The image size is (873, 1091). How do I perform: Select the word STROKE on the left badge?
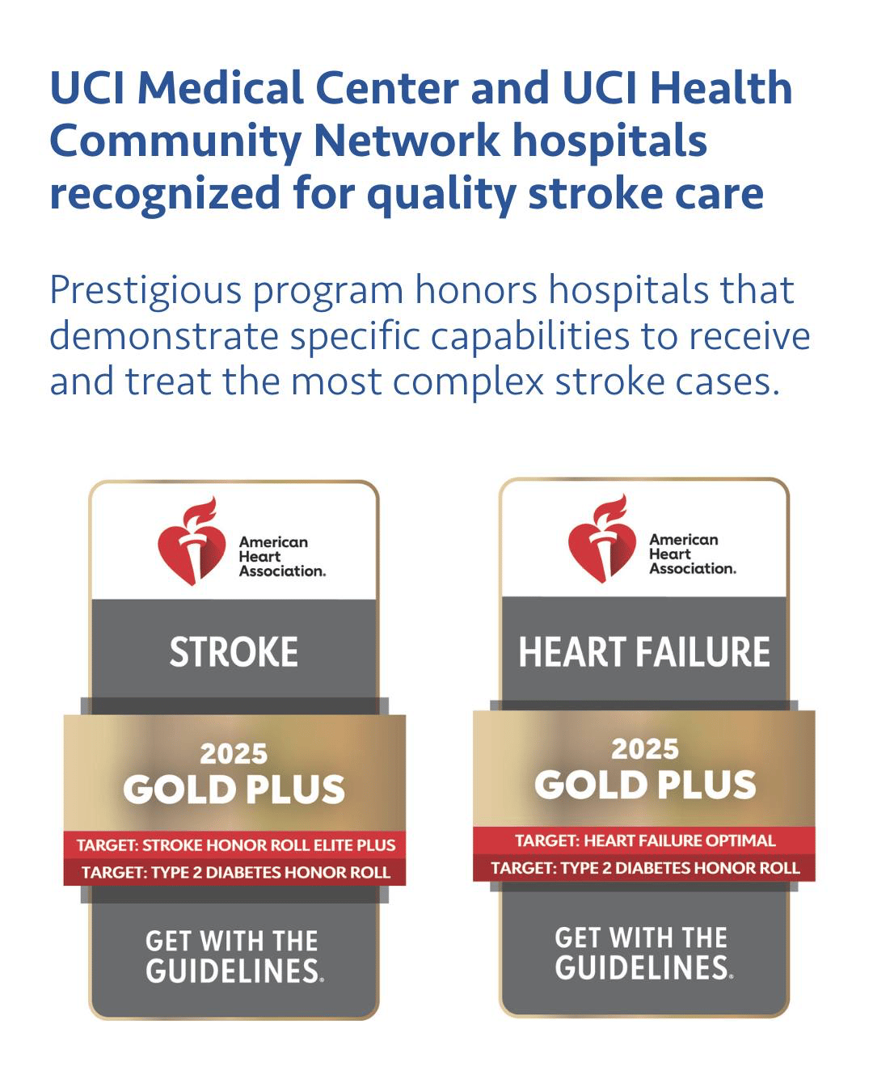coord(234,652)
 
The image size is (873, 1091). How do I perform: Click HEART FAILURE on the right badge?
coord(643,652)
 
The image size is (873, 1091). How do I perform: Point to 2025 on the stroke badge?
coord(234,753)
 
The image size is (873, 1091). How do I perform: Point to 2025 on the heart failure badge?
coord(644,749)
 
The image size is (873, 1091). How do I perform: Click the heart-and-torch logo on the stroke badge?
coord(192,541)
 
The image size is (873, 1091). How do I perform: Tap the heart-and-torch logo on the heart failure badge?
coord(601,538)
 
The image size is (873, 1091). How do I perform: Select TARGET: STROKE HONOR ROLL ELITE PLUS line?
coord(236,845)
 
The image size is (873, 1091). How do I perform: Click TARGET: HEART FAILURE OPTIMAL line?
coord(645,840)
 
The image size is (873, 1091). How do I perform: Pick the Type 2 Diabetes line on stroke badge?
coord(236,872)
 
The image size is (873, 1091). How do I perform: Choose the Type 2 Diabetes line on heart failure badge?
coord(645,868)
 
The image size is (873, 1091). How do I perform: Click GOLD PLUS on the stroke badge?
coord(234,789)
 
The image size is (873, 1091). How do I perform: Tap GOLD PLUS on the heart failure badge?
coord(645,785)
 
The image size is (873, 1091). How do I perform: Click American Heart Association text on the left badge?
coord(282,557)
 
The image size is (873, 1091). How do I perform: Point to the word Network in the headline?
coord(407,141)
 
